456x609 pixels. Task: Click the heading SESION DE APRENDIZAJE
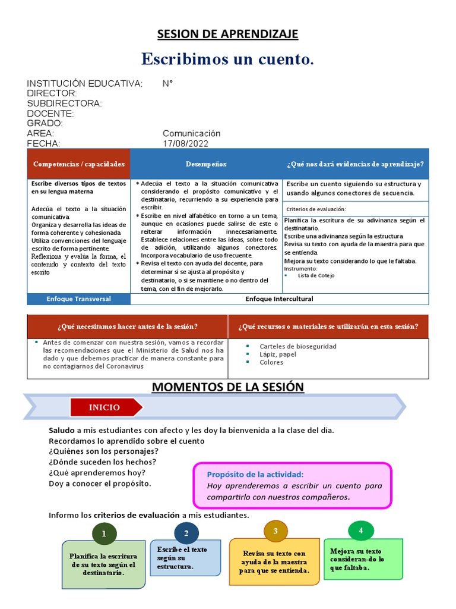pyautogui.click(x=227, y=34)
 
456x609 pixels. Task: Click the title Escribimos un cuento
pyautogui.click(x=227, y=59)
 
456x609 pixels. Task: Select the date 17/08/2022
pyautogui.click(x=185, y=143)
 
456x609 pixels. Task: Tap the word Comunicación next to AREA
pyautogui.click(x=191, y=133)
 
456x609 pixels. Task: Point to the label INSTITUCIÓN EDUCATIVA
pyautogui.click(x=84, y=83)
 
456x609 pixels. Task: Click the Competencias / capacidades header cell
pyautogui.click(x=79, y=164)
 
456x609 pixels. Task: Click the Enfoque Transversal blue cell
pyautogui.click(x=79, y=299)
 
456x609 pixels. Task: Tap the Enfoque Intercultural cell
pyautogui.click(x=279, y=299)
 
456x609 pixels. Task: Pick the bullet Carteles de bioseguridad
pyautogui.click(x=297, y=346)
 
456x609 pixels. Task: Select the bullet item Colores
pyautogui.click(x=271, y=362)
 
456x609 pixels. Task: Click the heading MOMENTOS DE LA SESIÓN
pyautogui.click(x=227, y=387)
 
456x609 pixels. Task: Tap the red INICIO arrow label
pyautogui.click(x=106, y=407)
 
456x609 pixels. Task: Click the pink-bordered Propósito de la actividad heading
pyautogui.click(x=255, y=474)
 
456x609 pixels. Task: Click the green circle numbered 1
pyautogui.click(x=104, y=533)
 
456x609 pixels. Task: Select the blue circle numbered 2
pyautogui.click(x=186, y=533)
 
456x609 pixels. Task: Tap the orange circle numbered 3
pyautogui.click(x=275, y=530)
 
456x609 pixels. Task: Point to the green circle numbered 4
pyautogui.click(x=360, y=530)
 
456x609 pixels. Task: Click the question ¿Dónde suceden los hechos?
pyautogui.click(x=102, y=462)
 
